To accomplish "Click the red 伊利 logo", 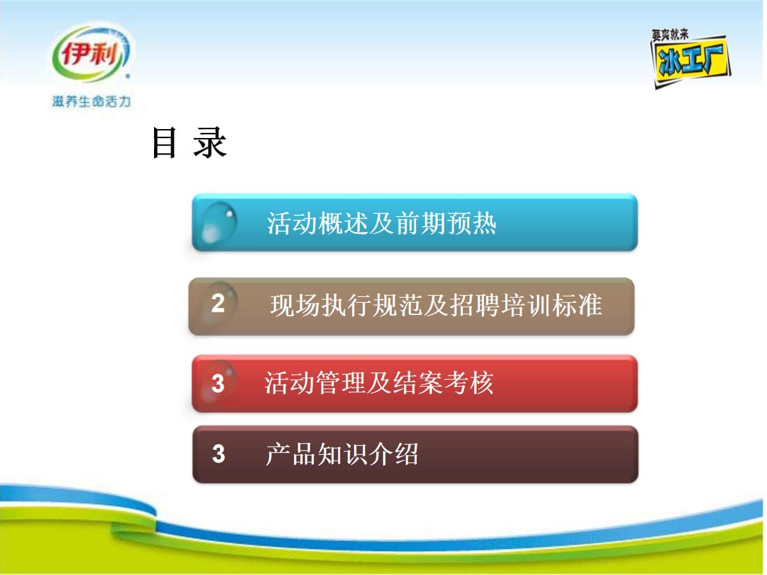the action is [91, 55].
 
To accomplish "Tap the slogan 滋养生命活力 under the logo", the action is [91, 102].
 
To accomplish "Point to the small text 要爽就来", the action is [670, 35].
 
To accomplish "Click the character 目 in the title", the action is [164, 142].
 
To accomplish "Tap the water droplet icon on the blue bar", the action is [219, 222].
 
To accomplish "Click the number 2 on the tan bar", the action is [218, 303].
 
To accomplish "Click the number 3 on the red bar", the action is [218, 383].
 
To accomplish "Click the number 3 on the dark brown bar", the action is [219, 454].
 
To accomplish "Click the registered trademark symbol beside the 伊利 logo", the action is [128, 77].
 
